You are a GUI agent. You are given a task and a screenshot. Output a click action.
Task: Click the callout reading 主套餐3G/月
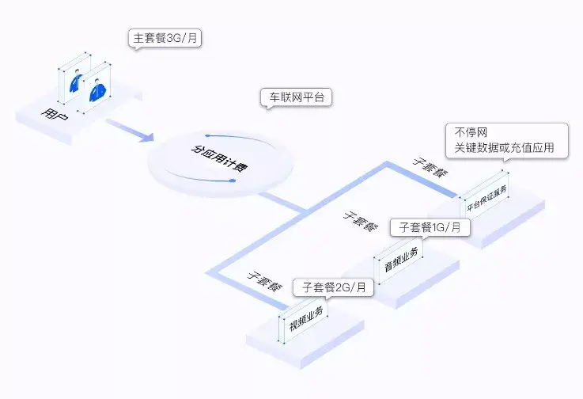(165, 38)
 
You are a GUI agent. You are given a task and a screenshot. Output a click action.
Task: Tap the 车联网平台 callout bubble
(297, 97)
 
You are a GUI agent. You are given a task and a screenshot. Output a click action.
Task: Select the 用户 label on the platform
(55, 114)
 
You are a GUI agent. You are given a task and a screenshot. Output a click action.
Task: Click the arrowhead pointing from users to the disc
(147, 136)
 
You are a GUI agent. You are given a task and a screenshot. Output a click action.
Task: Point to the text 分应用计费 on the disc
(219, 158)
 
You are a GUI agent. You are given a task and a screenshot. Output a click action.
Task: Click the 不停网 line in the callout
(471, 132)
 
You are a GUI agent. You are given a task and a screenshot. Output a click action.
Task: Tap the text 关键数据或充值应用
(504, 148)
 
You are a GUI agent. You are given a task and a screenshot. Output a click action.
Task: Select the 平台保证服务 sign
(486, 198)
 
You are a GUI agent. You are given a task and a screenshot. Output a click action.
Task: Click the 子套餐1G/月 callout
(430, 227)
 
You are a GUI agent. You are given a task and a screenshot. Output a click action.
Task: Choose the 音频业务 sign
(401, 259)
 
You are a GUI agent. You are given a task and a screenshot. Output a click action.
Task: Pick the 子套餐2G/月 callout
(334, 287)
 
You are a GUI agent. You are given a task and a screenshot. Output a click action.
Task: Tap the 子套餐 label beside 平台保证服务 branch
(430, 167)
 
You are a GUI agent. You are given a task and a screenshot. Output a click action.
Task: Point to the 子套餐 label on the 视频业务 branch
(265, 281)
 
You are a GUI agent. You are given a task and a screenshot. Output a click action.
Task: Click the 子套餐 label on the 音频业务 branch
(360, 221)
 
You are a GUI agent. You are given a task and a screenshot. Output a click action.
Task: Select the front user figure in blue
(97, 90)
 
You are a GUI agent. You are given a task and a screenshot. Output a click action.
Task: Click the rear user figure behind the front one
(76, 81)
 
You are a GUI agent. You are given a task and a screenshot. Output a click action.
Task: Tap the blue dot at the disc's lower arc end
(233, 180)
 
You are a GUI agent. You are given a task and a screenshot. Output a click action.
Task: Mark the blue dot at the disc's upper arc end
(207, 135)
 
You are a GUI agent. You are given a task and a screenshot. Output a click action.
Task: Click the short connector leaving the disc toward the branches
(283, 203)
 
